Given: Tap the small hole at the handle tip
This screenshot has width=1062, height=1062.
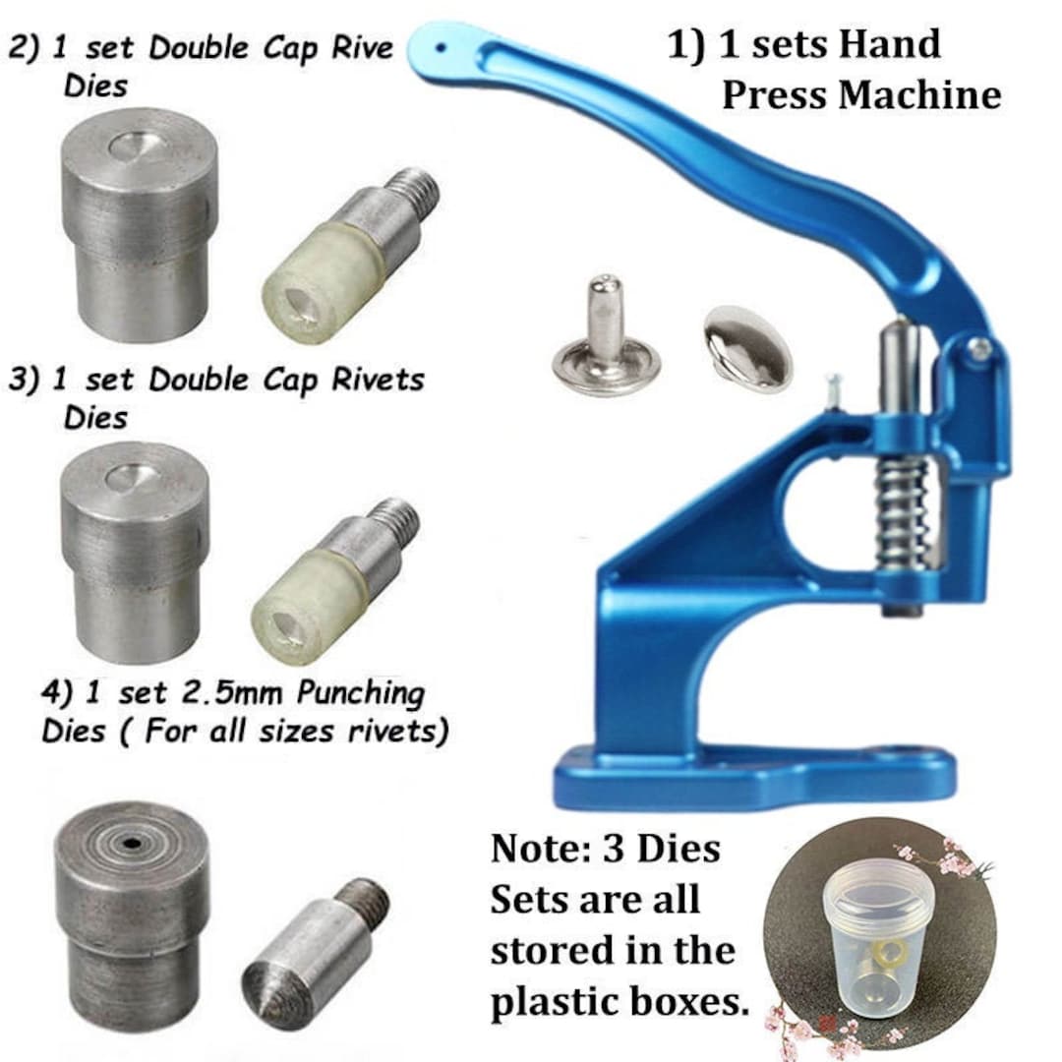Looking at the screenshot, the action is [441, 48].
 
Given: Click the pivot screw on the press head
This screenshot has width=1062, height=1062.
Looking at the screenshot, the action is [978, 349].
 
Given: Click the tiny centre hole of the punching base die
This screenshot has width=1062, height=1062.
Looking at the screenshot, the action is [131, 844].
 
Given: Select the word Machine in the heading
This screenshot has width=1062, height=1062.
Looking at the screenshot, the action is [920, 94].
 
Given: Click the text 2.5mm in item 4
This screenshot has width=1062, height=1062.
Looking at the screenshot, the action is [226, 693].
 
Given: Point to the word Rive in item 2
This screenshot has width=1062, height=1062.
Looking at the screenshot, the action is [362, 47].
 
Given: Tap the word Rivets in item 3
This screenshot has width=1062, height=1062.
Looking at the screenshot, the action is [378, 380].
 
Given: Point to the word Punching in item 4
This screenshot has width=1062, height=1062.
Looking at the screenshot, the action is [361, 693].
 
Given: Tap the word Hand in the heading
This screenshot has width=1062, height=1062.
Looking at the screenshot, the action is [889, 44].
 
